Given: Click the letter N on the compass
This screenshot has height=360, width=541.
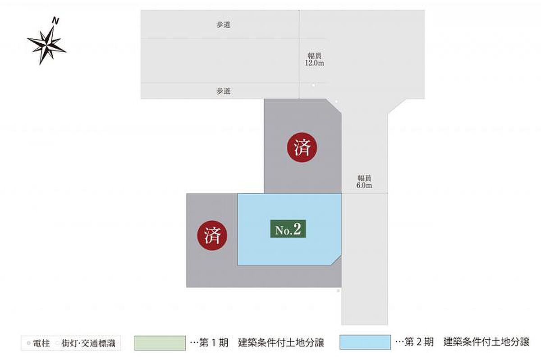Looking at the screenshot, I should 55,21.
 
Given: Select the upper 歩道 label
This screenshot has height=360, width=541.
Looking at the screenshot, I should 224,25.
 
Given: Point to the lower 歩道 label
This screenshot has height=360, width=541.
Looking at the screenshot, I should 224,91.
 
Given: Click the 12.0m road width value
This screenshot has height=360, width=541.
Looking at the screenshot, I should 314,64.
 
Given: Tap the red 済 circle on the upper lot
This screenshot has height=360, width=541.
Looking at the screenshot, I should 302,148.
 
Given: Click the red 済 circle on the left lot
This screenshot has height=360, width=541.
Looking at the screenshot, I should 212,235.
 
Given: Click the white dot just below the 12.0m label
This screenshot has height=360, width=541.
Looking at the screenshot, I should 313,85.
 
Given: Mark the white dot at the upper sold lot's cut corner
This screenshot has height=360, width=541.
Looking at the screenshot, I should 336,101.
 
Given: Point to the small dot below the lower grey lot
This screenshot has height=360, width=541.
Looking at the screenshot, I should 338,291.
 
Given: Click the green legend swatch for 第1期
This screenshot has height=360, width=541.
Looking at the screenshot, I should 160,343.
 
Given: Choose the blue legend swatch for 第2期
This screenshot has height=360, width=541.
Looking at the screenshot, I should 366,343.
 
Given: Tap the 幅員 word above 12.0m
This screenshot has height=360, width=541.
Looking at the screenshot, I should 314,55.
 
